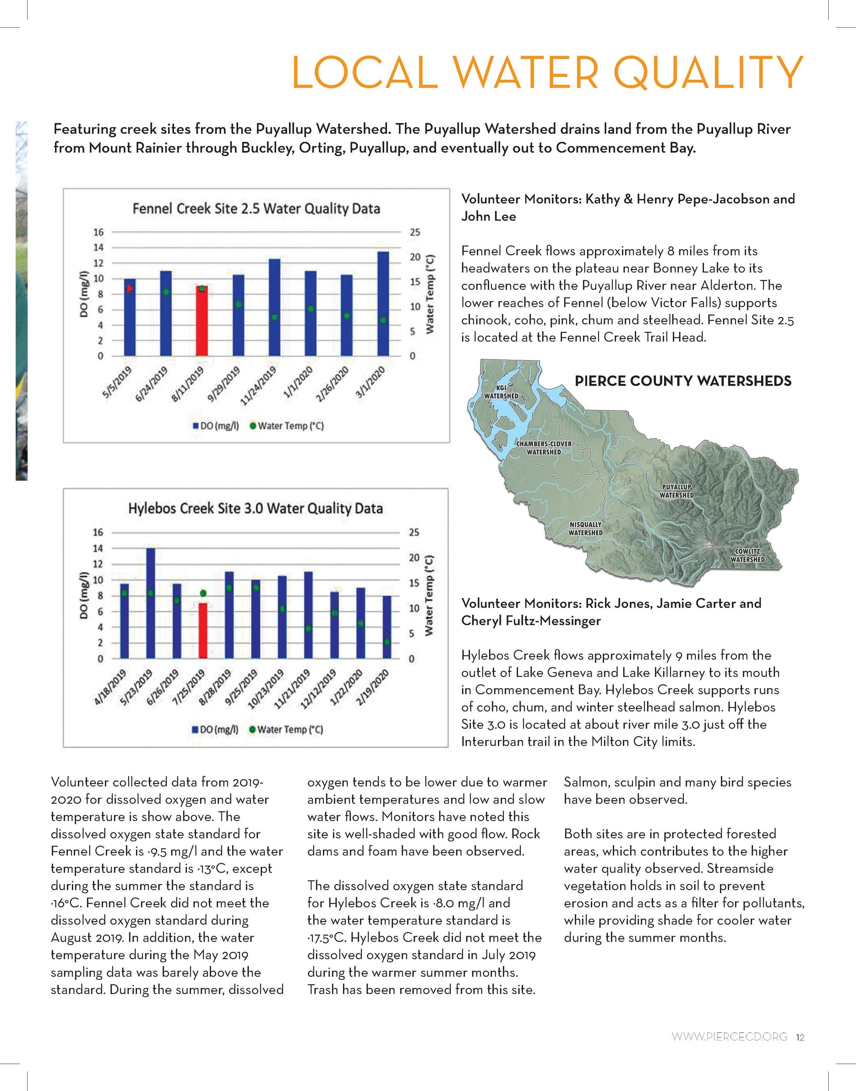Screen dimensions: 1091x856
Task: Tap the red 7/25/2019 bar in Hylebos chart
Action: point(202,631)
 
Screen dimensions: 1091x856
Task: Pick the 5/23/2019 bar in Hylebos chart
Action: point(150,603)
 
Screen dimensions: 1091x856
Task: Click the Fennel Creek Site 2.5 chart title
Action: point(256,209)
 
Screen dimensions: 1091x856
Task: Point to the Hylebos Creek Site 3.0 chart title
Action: point(255,509)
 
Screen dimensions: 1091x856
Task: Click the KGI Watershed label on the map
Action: point(501,392)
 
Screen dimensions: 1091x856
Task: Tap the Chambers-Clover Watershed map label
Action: point(544,448)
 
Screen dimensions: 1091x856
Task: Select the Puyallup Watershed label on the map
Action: point(677,491)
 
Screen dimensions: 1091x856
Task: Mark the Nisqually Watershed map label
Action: point(585,528)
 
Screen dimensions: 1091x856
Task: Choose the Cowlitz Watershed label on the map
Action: point(747,556)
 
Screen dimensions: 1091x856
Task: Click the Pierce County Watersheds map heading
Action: point(683,381)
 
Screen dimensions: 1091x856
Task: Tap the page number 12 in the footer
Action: point(800,1037)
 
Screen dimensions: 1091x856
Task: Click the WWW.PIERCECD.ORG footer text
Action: point(729,1037)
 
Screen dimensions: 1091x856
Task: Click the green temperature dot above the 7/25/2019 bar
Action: point(203,593)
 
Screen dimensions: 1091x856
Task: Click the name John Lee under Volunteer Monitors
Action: point(489,217)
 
